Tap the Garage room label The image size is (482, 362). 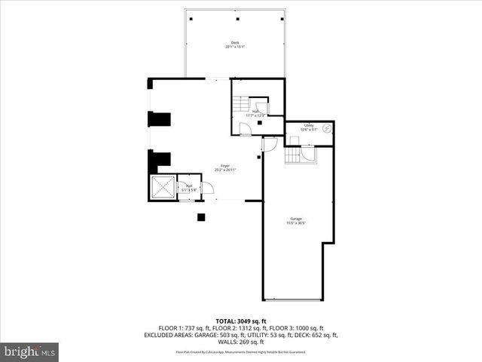click(296, 218)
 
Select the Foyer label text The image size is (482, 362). click(224, 165)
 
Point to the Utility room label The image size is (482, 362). click(309, 125)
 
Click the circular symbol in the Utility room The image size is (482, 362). click(327, 128)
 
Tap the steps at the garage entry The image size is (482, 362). click(293, 155)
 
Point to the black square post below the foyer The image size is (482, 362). click(200, 218)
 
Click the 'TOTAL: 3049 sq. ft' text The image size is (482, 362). click(241, 321)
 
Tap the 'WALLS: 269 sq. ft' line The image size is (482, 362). click(241, 342)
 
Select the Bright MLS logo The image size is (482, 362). click(29, 351)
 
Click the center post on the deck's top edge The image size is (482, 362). click(236, 18)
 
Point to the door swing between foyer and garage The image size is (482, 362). click(270, 143)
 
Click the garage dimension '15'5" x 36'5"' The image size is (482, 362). click(296, 222)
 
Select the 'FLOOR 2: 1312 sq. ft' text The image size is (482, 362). click(241, 328)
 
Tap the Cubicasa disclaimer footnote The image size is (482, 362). click(241, 352)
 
